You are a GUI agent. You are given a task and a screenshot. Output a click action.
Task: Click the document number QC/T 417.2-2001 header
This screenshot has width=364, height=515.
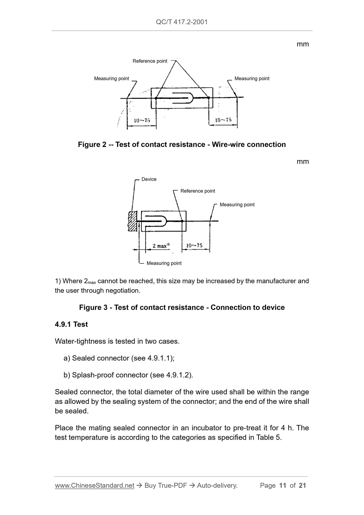[182, 22]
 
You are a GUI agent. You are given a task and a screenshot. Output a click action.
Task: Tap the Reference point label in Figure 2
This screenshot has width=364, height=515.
[150, 61]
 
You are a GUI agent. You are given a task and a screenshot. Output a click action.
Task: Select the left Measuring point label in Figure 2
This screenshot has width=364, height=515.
[111, 78]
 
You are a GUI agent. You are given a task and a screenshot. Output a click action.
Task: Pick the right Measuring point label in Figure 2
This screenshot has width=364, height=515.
[252, 78]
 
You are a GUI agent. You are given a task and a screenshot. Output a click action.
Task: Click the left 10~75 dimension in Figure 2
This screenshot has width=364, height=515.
[142, 120]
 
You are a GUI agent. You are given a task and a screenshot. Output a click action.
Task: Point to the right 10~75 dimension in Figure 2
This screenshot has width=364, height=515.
[223, 120]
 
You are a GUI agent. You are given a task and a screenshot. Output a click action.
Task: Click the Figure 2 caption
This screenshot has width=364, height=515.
[182, 144]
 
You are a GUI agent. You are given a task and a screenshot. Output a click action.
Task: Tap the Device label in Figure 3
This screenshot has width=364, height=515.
[149, 179]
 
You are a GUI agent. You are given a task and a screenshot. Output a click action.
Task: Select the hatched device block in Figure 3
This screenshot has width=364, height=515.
[132, 221]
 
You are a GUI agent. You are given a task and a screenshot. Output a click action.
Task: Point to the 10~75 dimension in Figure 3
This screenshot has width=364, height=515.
[194, 245]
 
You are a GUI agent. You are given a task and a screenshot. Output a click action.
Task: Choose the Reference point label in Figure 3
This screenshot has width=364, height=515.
[198, 191]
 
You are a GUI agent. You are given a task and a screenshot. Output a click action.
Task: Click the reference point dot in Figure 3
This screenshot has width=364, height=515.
[182, 221]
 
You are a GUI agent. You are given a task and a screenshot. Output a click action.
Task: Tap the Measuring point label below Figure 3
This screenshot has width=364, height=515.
[164, 263]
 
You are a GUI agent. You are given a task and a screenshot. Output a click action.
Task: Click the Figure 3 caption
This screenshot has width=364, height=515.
[182, 307]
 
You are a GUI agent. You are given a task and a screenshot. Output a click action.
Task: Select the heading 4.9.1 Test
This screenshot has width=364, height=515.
[71, 324]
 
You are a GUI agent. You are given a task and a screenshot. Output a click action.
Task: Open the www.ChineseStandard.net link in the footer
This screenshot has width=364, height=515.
[94, 486]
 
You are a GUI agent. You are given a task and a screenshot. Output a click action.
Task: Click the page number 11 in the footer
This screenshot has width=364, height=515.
[283, 486]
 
